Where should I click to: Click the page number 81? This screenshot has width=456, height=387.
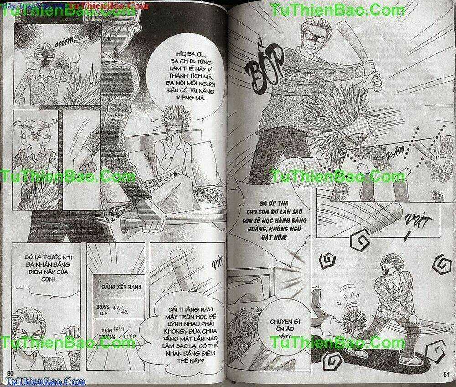pos(446,375)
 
